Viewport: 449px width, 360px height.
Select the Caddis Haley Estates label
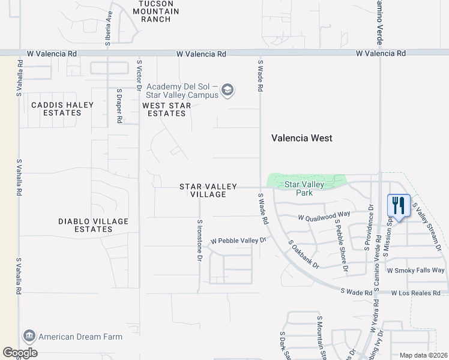(62, 109)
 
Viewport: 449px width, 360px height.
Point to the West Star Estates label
(167, 109)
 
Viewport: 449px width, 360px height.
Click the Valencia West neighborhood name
(301, 138)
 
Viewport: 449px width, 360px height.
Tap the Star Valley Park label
(304, 188)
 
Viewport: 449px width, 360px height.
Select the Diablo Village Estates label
(93, 225)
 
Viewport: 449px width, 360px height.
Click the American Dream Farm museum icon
(29, 336)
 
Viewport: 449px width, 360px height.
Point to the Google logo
(20, 353)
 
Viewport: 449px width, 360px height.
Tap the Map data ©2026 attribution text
(423, 355)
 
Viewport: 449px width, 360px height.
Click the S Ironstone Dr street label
(199, 240)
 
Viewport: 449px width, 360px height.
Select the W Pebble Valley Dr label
(238, 241)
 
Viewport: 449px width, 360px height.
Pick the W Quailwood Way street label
(324, 214)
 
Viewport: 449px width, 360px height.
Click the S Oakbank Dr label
(303, 254)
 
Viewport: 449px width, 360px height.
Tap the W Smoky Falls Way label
(416, 271)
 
